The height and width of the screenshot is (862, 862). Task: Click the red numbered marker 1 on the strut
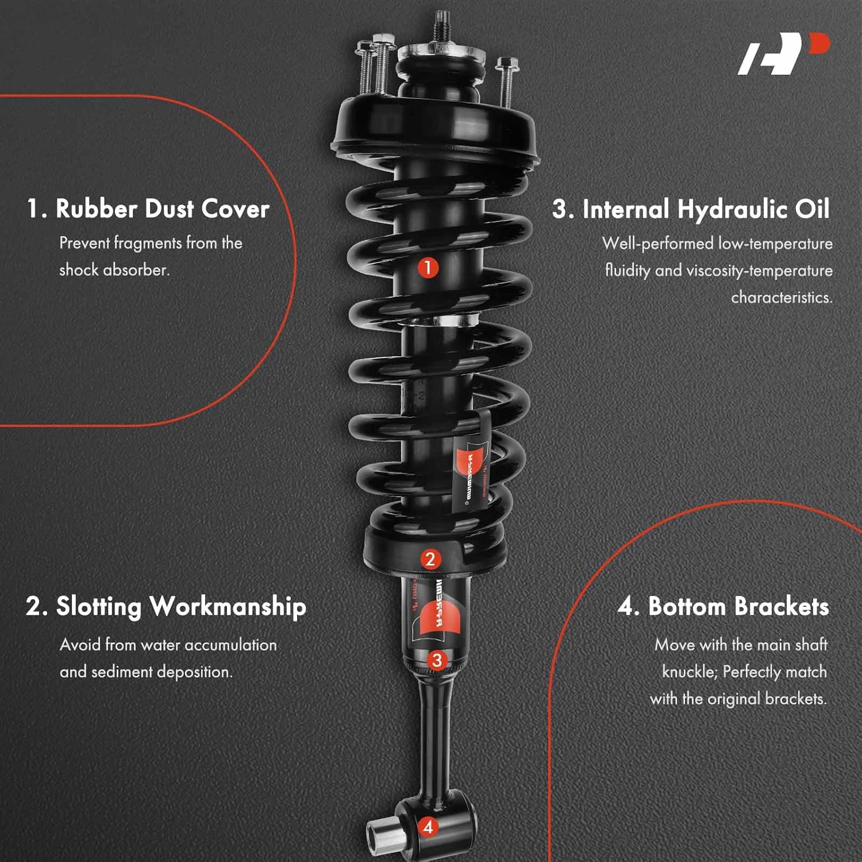(x=428, y=267)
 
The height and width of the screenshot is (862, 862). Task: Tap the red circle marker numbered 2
(x=430, y=559)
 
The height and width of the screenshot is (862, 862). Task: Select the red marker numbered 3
(x=437, y=660)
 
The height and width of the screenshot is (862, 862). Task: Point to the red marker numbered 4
(x=428, y=828)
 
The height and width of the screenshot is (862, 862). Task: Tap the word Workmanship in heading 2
(x=228, y=607)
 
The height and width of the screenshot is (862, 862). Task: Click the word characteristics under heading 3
(x=781, y=298)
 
